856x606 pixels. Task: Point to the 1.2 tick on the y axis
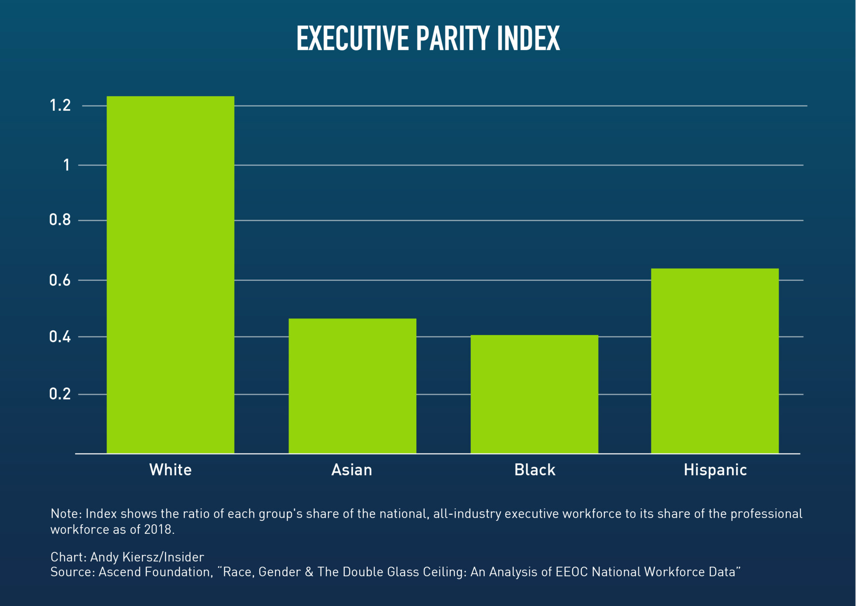pyautogui.click(x=60, y=105)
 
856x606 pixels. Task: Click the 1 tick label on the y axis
pyautogui.click(x=66, y=165)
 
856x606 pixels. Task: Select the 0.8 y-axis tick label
pyautogui.click(x=60, y=220)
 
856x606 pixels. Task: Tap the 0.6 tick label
pyautogui.click(x=60, y=280)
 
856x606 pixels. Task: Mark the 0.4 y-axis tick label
pyautogui.click(x=60, y=336)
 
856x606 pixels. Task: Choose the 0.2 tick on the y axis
pyautogui.click(x=60, y=394)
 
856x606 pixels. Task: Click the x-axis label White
pyautogui.click(x=171, y=470)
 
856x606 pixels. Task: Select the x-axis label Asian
pyautogui.click(x=352, y=470)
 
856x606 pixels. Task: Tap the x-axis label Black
pyautogui.click(x=535, y=470)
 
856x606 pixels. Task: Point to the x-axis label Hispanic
pyautogui.click(x=715, y=470)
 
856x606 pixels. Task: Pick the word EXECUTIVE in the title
pyautogui.click(x=352, y=38)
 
